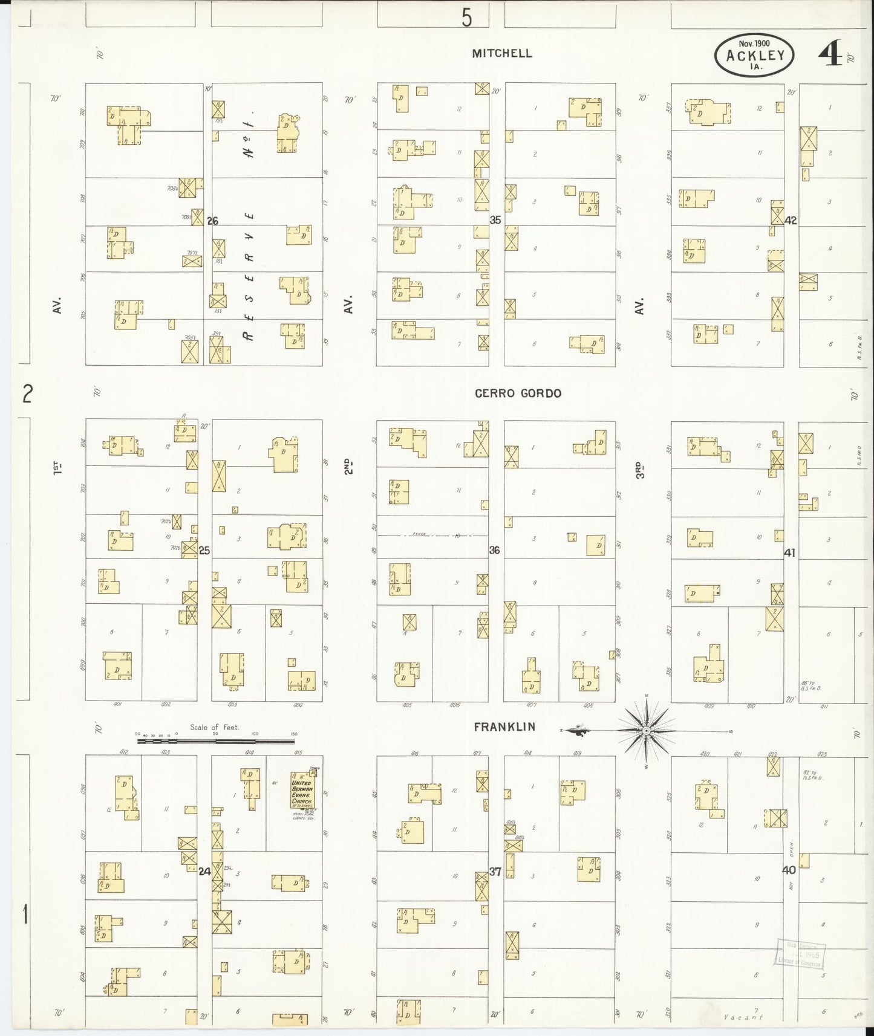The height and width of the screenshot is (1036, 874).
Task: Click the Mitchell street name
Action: (x=502, y=53)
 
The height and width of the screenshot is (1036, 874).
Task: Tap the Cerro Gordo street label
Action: (x=518, y=393)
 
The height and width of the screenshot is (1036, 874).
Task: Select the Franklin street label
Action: (x=504, y=727)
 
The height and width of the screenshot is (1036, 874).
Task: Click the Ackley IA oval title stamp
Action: (x=754, y=55)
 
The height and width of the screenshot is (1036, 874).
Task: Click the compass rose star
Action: (x=646, y=731)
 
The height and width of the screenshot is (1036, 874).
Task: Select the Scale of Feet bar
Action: (x=216, y=740)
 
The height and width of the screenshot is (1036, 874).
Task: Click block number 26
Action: (x=212, y=221)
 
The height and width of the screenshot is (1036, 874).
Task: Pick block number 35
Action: (x=495, y=221)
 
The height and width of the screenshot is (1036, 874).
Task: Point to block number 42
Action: (x=791, y=221)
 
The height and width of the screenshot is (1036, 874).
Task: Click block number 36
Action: (x=494, y=551)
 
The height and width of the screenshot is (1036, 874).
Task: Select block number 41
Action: (x=789, y=552)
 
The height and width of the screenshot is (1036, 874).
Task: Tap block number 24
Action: (x=205, y=872)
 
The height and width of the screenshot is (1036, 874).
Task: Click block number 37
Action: (x=495, y=872)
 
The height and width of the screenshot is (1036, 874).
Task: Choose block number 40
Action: (x=789, y=870)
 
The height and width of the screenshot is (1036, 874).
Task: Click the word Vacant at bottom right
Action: (x=743, y=1018)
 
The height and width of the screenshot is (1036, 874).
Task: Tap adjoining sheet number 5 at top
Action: (x=466, y=18)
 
